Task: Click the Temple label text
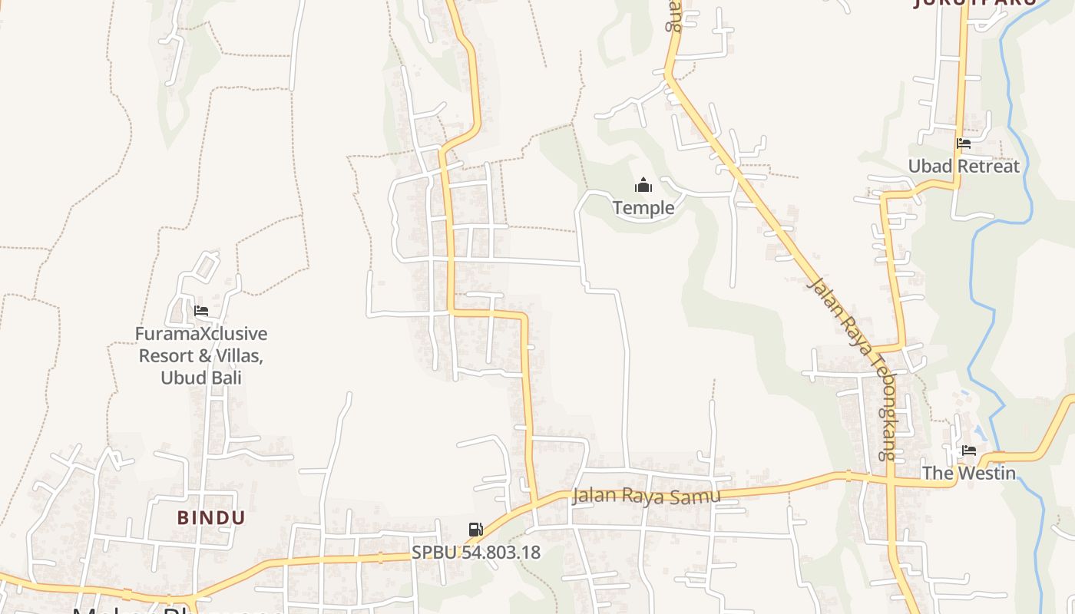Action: click(x=643, y=207)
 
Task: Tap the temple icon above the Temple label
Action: click(x=643, y=185)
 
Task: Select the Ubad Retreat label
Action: click(x=964, y=166)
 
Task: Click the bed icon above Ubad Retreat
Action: click(x=964, y=143)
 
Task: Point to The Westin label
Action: click(x=968, y=473)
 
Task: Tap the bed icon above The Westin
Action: click(x=969, y=451)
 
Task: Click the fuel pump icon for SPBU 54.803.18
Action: click(x=476, y=529)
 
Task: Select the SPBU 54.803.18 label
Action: click(x=476, y=552)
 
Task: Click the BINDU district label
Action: click(x=211, y=517)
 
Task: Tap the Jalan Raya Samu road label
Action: click(x=647, y=496)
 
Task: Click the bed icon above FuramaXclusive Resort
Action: click(x=201, y=311)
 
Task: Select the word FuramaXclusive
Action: click(x=201, y=334)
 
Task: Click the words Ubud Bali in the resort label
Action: click(x=201, y=378)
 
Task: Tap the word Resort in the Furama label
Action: click(x=167, y=356)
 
